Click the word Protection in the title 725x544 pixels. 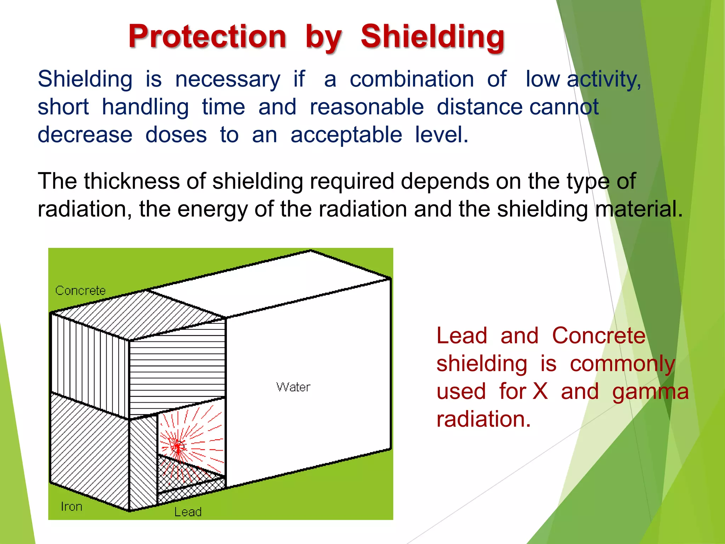[207, 36]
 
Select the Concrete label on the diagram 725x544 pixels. [80, 291]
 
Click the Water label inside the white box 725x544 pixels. [293, 387]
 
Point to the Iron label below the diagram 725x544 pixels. [72, 507]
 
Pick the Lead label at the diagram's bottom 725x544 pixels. [188, 512]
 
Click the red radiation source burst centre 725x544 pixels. [177, 446]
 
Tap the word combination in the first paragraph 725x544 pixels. [412, 79]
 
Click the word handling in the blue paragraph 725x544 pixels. [145, 107]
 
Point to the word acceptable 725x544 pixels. [346, 135]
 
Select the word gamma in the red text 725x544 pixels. [650, 392]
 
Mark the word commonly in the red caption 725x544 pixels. [622, 364]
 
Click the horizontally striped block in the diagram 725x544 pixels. [177, 368]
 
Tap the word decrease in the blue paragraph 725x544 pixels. [85, 135]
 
